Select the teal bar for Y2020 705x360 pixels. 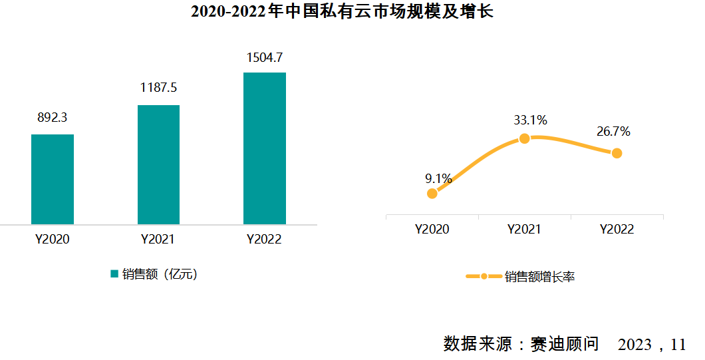(53, 179)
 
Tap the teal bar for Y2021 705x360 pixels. (158, 164)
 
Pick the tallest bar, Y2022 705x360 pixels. (265, 148)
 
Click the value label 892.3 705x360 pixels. (52, 118)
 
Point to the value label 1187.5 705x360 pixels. (158, 88)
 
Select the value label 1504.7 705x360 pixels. (265, 57)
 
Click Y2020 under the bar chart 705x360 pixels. (53, 240)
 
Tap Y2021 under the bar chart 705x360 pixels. (158, 240)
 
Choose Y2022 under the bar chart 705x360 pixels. (265, 240)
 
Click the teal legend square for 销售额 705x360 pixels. (114, 273)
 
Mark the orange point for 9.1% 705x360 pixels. (432, 194)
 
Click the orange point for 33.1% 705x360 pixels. (524, 138)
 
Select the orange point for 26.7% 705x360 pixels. (617, 153)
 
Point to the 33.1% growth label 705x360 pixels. (530, 120)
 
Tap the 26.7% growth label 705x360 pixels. (613, 132)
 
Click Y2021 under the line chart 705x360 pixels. (524, 230)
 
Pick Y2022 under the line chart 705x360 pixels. (617, 230)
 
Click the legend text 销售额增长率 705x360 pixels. (539, 277)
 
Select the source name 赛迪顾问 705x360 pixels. (565, 344)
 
